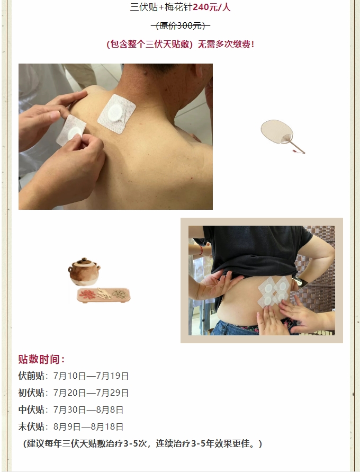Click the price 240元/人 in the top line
212,7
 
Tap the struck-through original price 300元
180,26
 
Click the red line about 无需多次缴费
180,44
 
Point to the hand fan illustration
283,136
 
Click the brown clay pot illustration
84,272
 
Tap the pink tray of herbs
103,295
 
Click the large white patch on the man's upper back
116,114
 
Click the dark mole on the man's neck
146,73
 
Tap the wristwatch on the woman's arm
300,282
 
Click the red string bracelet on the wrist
201,250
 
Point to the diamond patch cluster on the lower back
273,292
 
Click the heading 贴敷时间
41,359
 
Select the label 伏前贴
31,376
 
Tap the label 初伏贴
31,393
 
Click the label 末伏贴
31,426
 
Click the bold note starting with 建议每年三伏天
142,443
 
